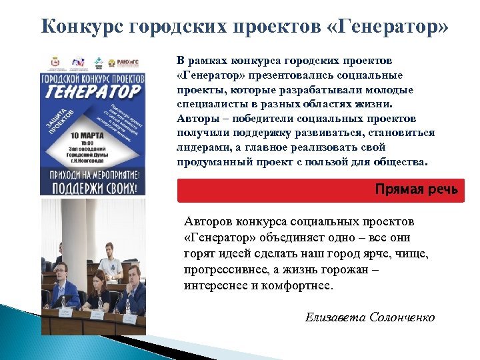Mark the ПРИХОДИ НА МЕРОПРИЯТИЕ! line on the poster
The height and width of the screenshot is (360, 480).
point(93,171)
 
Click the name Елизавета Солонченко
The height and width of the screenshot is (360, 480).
point(370,317)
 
